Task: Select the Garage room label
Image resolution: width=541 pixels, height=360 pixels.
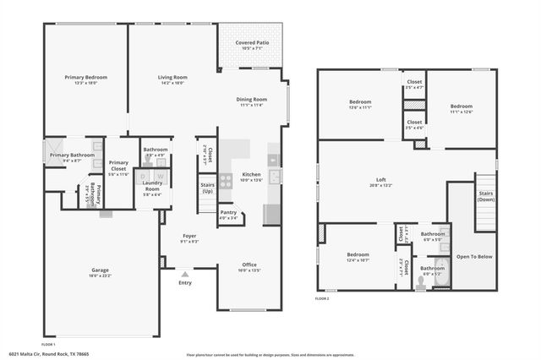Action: point(100,270)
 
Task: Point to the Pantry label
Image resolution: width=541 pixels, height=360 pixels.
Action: point(228,212)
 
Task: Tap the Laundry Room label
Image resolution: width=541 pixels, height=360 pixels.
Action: point(152,185)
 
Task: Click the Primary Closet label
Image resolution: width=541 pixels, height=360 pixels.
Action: point(118,165)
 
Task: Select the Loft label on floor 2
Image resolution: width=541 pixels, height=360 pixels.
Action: point(381,179)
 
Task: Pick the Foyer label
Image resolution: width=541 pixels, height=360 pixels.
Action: point(189,237)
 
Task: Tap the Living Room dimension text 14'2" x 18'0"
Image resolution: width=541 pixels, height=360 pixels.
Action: point(172,83)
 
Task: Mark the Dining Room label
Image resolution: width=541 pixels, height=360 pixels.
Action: point(251,99)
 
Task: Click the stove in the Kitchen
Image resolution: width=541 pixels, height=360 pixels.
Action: point(226,180)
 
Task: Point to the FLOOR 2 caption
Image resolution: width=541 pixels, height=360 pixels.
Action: point(323,299)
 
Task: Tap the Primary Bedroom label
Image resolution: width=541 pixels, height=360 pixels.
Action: point(85,77)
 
